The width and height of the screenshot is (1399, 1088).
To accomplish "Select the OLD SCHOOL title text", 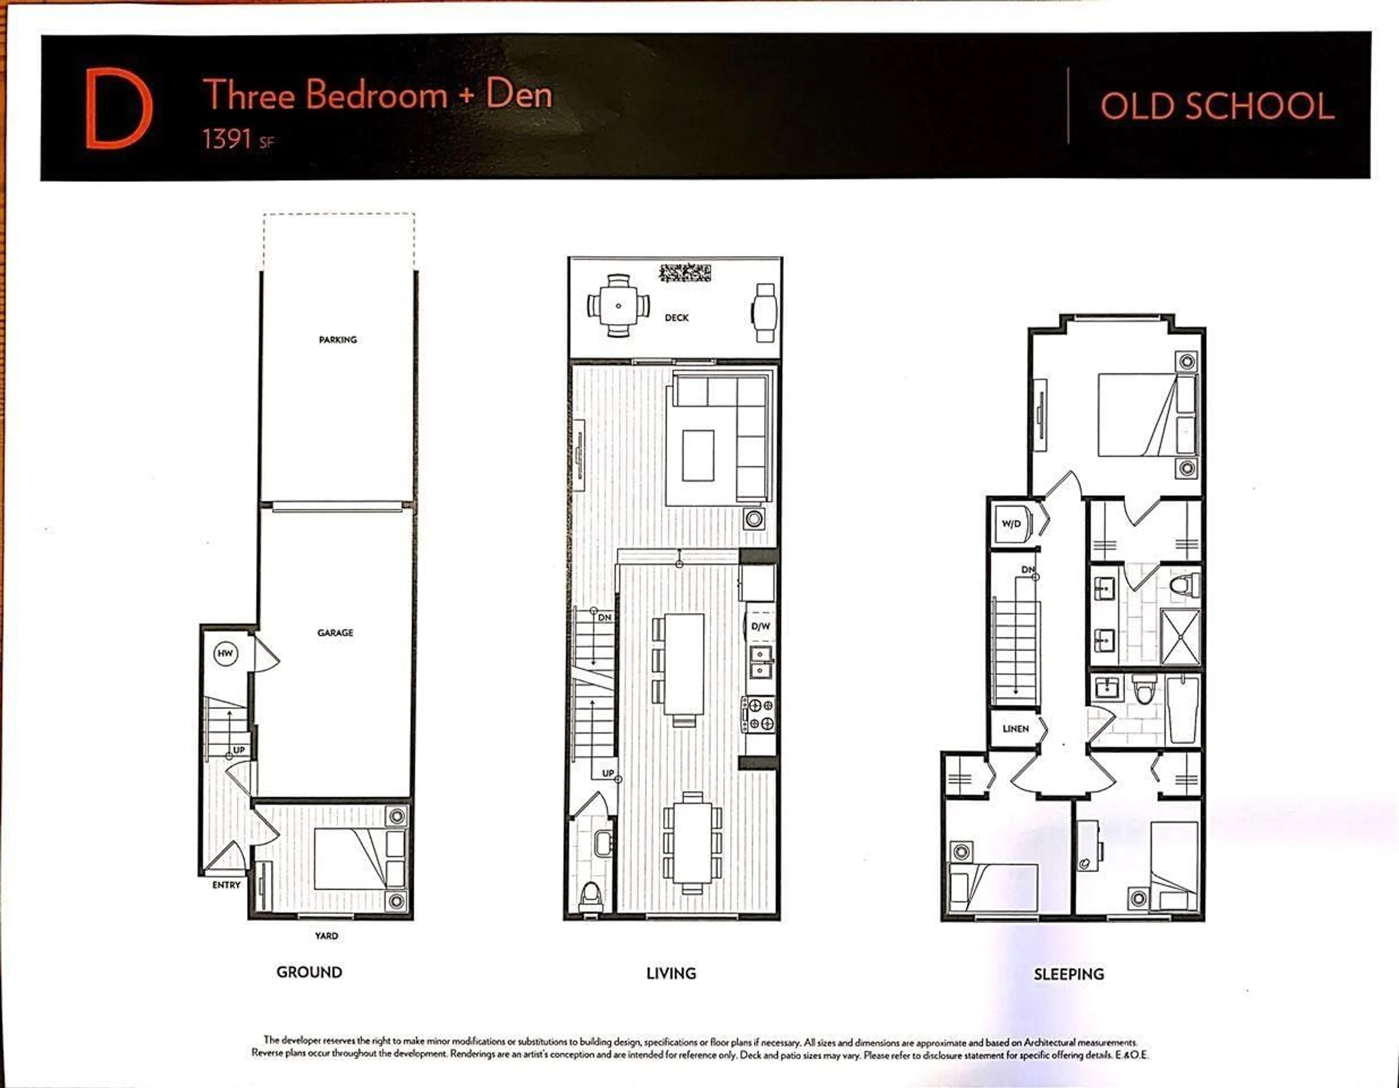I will pos(1217,106).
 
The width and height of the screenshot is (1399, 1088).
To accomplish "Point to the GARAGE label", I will pos(335,633).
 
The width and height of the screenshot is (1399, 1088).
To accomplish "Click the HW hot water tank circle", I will pos(225,654).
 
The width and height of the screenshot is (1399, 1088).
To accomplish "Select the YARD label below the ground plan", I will pos(326,936).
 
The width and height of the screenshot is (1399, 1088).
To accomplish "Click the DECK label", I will pos(677,318).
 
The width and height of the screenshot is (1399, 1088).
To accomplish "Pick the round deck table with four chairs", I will pos(618,306).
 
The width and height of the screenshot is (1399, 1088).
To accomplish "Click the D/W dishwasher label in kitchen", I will pos(760,626).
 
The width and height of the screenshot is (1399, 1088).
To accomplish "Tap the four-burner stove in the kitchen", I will pos(760,715).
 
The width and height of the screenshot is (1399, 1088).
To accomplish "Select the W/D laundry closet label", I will pos(1011,524).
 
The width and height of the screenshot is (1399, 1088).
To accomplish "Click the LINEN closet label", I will pos(1015,729).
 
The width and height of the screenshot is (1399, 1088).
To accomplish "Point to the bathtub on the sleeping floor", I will pos(1183,710).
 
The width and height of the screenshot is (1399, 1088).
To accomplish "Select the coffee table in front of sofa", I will pos(698,455).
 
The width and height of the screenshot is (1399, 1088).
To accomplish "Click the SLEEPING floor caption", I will pos(1069,974).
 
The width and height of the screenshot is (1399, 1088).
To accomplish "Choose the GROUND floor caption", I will pos(309,972).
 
